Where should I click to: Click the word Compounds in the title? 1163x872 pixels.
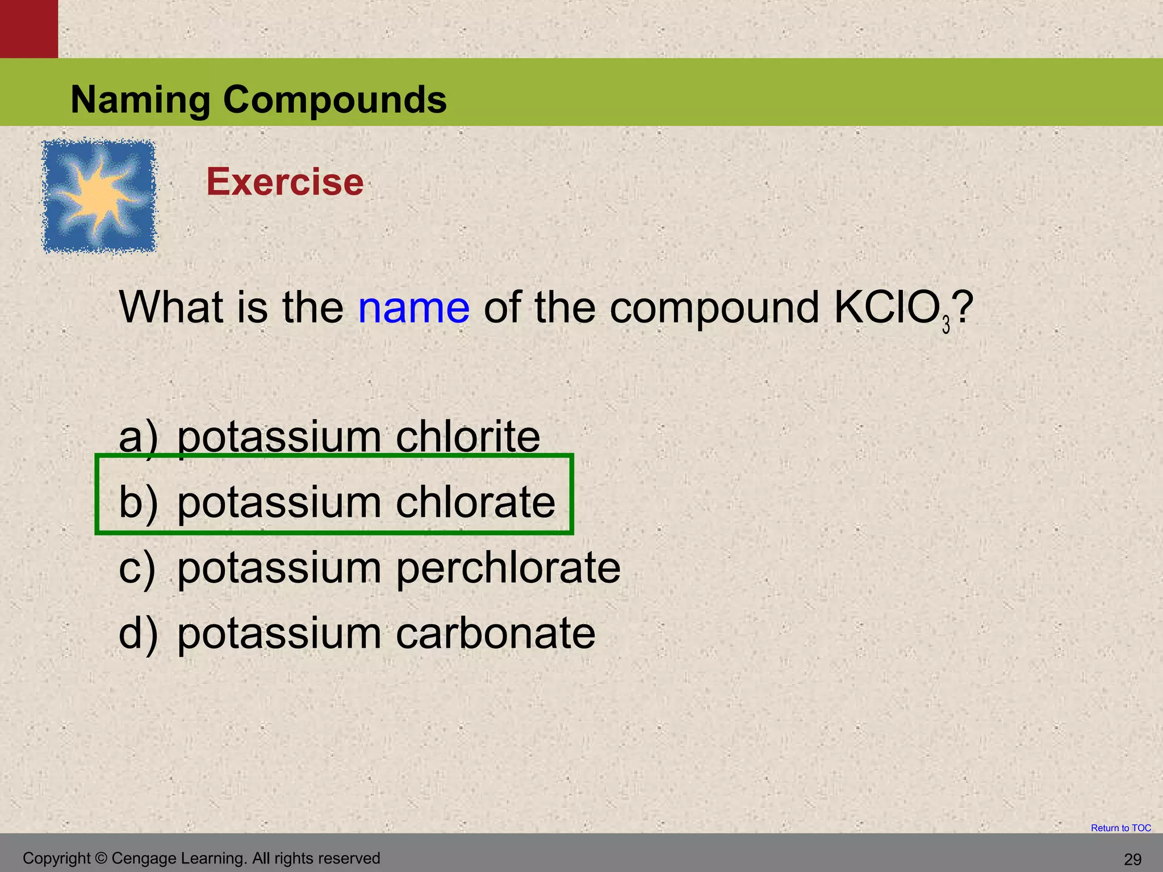point(334,100)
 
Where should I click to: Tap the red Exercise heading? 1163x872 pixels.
point(285,182)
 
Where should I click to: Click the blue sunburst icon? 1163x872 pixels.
point(99,196)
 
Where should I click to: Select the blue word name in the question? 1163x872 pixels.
point(413,308)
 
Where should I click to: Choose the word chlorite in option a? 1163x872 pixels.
point(467,437)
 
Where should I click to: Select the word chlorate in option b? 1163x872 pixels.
point(475,502)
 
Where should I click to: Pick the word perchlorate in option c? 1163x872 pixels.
point(508,568)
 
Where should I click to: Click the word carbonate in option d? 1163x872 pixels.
point(495,634)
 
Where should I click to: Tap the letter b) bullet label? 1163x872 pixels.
point(137,503)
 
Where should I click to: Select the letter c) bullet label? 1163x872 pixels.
point(137,568)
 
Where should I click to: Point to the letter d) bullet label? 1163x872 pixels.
point(137,634)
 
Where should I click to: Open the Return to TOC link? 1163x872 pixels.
point(1120,828)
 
